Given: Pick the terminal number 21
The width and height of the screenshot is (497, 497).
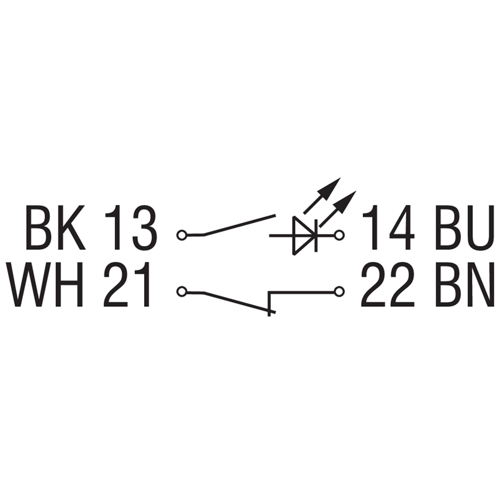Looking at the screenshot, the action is (x=127, y=285).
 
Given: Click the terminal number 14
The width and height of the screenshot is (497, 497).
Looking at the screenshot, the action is (x=388, y=227).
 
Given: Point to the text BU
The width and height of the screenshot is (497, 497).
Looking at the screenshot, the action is (x=465, y=227).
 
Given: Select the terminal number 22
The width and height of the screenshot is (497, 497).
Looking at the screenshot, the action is (x=388, y=285).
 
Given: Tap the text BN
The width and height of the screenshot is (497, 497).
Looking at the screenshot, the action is (x=465, y=285).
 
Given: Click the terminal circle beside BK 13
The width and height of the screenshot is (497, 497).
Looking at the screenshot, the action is (x=181, y=235).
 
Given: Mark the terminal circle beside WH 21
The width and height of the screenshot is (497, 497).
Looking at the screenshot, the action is (x=181, y=291).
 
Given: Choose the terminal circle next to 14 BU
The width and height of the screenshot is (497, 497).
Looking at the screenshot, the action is (x=339, y=235).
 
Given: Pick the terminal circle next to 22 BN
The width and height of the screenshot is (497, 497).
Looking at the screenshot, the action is (x=339, y=291).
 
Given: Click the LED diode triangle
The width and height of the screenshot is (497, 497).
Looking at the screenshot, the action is (x=303, y=236).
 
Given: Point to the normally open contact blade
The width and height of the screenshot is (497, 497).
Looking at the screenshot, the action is (x=240, y=226).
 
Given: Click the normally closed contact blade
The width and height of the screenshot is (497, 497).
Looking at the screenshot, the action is (x=240, y=303).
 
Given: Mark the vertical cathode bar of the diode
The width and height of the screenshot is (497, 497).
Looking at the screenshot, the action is (x=316, y=236).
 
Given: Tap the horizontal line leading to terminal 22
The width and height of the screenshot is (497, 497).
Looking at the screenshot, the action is (x=301, y=291).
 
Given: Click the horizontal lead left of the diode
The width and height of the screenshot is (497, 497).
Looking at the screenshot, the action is (x=281, y=235).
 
